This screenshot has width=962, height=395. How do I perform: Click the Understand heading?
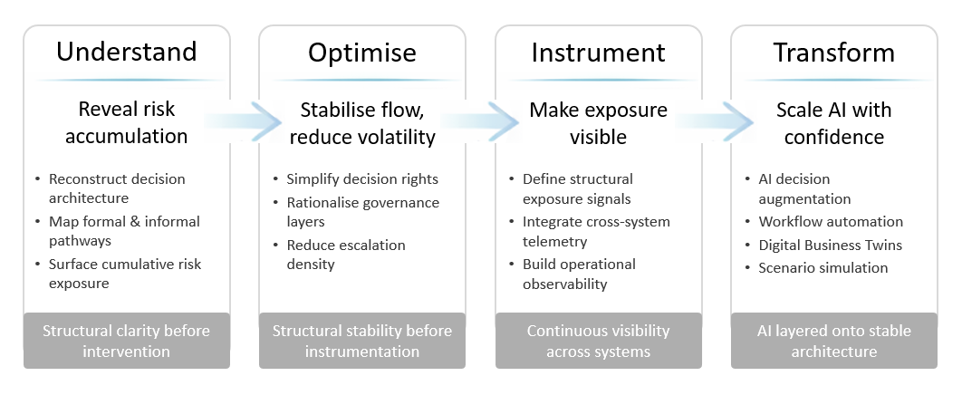(126, 52)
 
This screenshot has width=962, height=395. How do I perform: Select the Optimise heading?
(361, 52)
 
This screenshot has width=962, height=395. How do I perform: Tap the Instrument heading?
(598, 52)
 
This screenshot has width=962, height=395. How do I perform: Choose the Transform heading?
(833, 52)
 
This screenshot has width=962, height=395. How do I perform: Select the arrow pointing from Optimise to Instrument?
(481, 122)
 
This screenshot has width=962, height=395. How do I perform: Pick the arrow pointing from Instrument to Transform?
(717, 122)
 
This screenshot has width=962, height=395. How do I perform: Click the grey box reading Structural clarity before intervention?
(126, 341)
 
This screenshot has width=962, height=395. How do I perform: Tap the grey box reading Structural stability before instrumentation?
(361, 341)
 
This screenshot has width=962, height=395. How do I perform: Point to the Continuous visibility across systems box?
(598, 341)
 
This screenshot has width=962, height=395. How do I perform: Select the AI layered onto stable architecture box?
(833, 341)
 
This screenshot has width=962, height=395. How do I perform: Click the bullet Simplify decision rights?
(362, 178)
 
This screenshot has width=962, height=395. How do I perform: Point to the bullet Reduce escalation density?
(346, 255)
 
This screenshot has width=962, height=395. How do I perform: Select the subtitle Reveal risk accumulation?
(126, 123)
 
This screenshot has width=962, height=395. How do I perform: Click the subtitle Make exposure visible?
(598, 123)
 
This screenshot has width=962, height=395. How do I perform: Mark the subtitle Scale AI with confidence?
(833, 123)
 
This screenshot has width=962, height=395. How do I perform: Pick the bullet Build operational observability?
(580, 274)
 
